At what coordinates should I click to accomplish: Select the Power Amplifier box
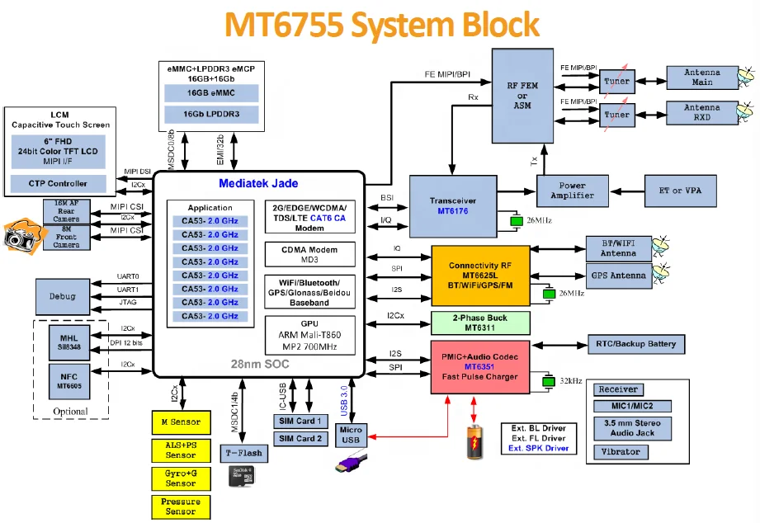coord(572,191)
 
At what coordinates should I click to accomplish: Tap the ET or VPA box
coord(680,191)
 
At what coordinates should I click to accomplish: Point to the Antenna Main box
coord(701,78)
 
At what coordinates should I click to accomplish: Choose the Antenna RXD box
coord(701,113)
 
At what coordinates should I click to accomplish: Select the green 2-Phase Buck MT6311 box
coord(480,323)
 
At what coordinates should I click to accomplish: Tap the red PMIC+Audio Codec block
coord(480,365)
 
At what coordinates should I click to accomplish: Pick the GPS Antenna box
coord(616,276)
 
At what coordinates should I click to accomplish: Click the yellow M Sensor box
coord(181,422)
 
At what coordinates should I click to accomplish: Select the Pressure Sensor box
coord(181,507)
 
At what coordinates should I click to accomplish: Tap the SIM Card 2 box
coord(297,439)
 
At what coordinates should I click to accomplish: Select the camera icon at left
coord(18,236)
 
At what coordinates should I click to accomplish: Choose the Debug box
coord(62,296)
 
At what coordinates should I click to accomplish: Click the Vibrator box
coord(621,452)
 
